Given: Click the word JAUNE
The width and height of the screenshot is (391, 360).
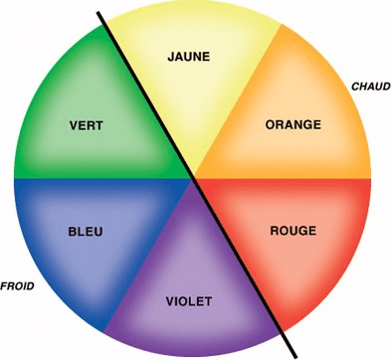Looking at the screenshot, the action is click(189, 57).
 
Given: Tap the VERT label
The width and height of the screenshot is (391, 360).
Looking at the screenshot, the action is click(87, 125).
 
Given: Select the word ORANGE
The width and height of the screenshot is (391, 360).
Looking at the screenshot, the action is click(293, 124).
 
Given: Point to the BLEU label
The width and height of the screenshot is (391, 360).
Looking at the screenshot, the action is click(86, 232).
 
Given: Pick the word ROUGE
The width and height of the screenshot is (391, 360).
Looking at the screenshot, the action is click(293, 231).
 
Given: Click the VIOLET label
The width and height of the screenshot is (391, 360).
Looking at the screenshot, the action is click(189, 301).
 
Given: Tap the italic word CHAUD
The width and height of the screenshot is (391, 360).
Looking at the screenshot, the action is click(371, 87).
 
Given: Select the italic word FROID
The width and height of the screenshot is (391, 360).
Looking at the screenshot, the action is click(17, 285).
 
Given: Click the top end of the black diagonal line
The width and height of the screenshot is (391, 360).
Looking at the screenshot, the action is click(98, 13).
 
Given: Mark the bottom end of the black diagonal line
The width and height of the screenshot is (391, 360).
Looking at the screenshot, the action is click(294, 357).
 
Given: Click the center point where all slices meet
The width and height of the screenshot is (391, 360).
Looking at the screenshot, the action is click(193, 178).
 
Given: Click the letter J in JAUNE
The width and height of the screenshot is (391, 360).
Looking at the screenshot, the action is click(171, 57).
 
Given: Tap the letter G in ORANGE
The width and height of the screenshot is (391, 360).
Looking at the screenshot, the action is click(306, 124).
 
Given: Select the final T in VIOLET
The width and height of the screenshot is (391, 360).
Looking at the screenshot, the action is click(208, 301).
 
